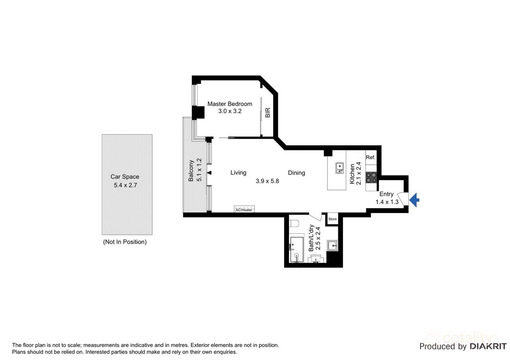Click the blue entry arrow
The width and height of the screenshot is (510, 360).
(414, 200)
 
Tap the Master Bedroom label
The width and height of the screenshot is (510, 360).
(230, 104)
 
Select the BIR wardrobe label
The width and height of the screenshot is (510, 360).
(268, 112)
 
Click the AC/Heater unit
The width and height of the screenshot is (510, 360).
(244, 209)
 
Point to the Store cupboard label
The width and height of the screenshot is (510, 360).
(332, 219)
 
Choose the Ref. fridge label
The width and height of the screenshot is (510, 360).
(371, 157)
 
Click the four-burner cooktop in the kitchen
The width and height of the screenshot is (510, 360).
(371, 178)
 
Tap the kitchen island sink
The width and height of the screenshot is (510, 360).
(339, 168)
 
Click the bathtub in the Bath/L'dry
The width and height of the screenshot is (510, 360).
(297, 250)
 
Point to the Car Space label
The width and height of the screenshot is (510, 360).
(125, 176)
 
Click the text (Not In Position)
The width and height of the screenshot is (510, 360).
(125, 242)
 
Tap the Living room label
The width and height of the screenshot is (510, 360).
(238, 172)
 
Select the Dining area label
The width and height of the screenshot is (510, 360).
(296, 173)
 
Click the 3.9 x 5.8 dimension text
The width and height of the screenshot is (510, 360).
(267, 181)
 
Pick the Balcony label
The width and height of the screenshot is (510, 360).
(191, 171)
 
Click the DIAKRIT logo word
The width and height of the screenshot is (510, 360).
(488, 346)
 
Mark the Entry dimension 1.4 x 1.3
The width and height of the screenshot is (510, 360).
(387, 202)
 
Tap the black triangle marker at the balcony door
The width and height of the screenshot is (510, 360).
(209, 173)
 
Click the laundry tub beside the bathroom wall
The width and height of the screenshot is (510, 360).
(332, 245)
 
